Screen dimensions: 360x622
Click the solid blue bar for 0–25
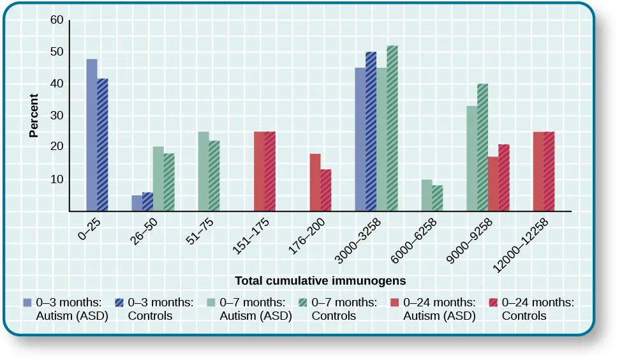[x=92, y=135]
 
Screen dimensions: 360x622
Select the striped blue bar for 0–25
[x=103, y=145]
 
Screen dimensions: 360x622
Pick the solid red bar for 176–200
[x=315, y=183]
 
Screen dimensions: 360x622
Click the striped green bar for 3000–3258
[x=392, y=128]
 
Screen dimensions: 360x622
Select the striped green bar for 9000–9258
[x=482, y=147]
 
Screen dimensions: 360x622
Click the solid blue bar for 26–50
[x=137, y=203]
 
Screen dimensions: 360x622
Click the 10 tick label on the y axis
[x=57, y=179]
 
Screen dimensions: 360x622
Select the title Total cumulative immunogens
[x=320, y=280]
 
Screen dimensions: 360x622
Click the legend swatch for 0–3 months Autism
[x=27, y=303]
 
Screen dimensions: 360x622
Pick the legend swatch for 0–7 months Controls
[x=304, y=303]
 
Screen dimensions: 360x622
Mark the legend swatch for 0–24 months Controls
[x=494, y=303]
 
